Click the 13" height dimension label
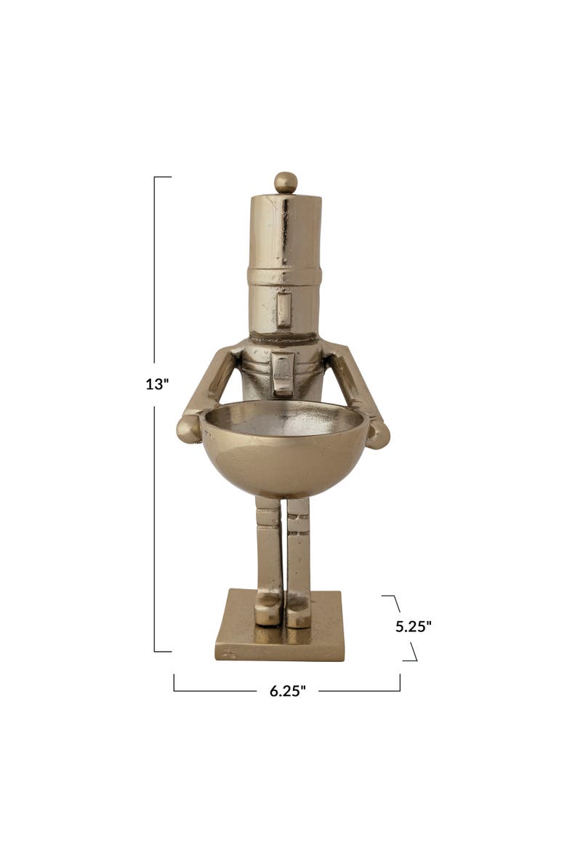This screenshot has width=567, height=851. [157, 384]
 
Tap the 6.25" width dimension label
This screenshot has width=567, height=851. [288, 691]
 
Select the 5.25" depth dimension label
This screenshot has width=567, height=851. [414, 626]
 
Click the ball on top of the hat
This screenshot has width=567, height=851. [286, 183]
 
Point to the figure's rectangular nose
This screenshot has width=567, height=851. [283, 309]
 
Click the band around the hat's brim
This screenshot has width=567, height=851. [284, 276]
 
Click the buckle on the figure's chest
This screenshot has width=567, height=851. [283, 373]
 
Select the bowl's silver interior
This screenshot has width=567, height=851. [283, 419]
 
